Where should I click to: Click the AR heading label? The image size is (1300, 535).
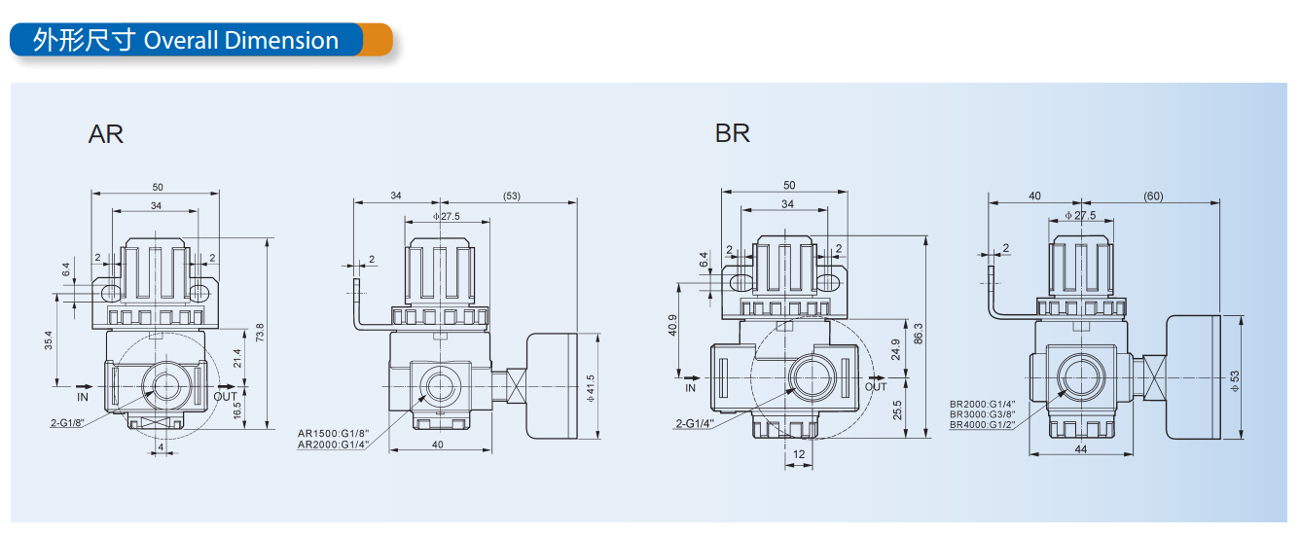106,134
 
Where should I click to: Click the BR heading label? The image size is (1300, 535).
733,133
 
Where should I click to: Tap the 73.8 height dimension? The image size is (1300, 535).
260,333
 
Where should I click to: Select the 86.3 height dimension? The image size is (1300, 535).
918,334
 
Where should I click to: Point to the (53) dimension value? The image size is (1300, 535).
511,196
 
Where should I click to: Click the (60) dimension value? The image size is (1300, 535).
1153,196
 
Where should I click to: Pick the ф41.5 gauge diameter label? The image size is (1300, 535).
591,388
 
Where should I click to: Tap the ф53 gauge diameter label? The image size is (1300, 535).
1235,380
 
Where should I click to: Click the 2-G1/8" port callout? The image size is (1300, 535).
67,422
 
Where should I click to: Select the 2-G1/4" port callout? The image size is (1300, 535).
695,423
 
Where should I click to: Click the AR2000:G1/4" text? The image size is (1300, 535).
333,446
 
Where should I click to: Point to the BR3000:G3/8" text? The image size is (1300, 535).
983,414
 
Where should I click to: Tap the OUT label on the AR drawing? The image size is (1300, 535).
225,396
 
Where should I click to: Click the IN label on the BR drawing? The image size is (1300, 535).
690,387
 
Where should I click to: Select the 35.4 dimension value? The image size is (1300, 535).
49,340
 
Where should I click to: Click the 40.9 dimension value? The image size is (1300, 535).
672,326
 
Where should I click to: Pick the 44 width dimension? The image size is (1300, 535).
1081,449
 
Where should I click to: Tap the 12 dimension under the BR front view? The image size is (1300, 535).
799,454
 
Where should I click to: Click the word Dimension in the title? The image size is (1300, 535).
281,41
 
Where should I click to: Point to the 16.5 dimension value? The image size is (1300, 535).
236,410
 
